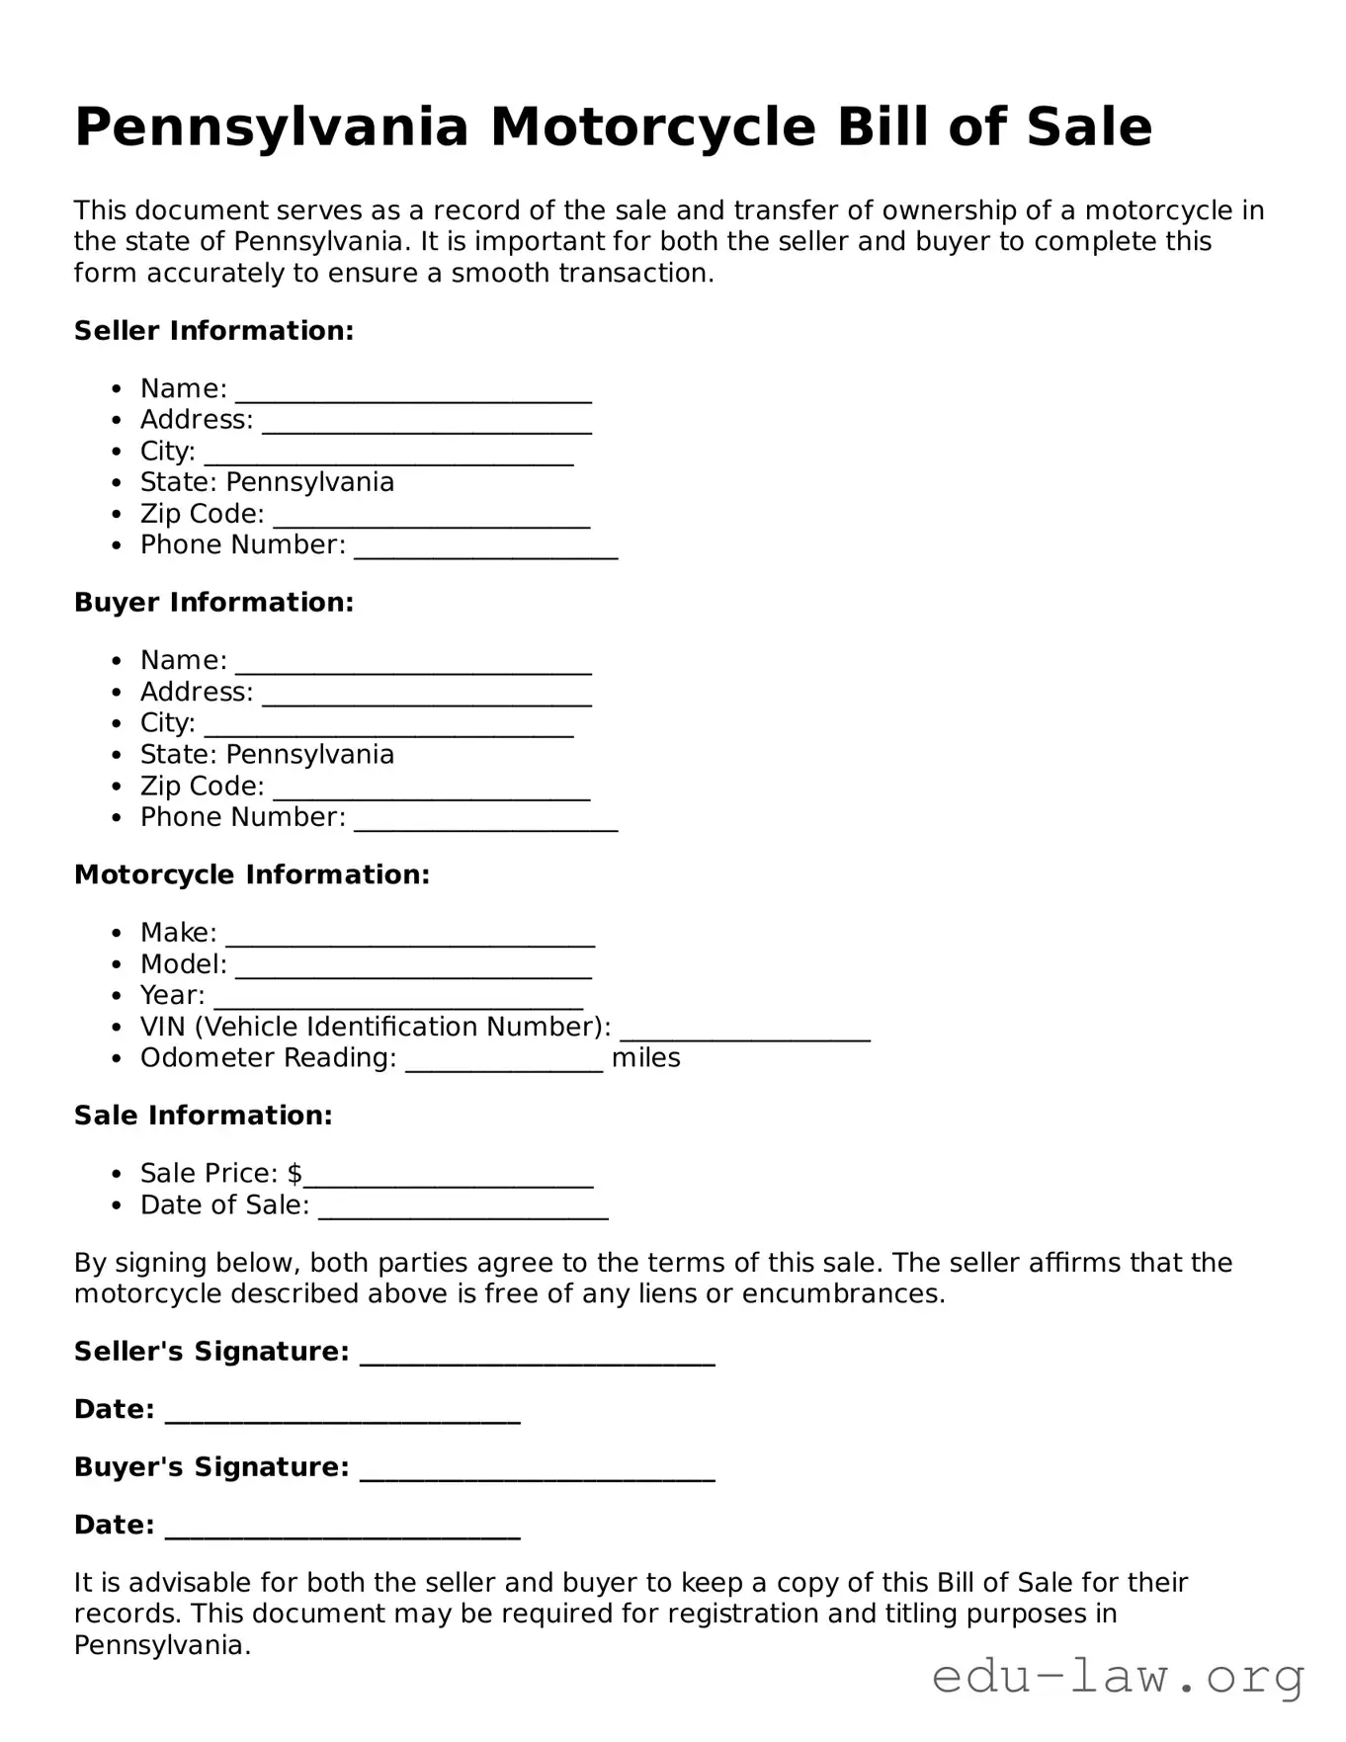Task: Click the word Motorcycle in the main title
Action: [652, 127]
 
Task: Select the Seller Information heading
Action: [213, 330]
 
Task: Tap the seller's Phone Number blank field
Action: [485, 551]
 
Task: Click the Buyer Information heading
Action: [213, 603]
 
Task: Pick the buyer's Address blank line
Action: [427, 699]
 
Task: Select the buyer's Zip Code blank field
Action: [431, 792]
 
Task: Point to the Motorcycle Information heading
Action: [252, 874]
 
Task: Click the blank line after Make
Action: [409, 939]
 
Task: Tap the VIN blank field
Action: [744, 1034]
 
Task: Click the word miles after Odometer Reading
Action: [646, 1058]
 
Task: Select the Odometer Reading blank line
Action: [504, 1064]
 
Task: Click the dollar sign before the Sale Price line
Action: [294, 1173]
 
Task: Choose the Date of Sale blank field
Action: [463, 1211]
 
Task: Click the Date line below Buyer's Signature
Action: [342, 1532]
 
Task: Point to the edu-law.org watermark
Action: [1118, 1677]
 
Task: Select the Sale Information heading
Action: [203, 1116]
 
